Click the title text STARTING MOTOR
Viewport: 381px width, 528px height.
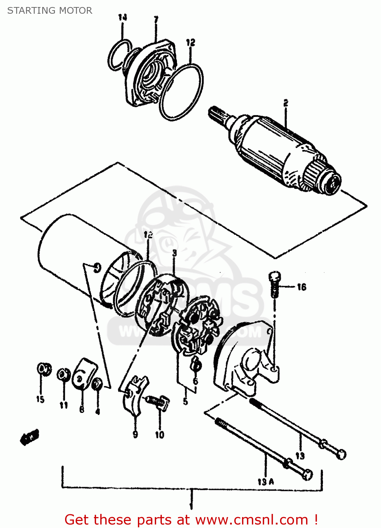50,11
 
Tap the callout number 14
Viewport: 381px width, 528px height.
122,17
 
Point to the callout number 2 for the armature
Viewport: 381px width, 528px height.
286,103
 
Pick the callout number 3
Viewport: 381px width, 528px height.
174,253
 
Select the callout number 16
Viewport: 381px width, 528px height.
301,287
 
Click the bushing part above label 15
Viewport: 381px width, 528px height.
44,369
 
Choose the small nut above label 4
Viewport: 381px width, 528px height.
97,384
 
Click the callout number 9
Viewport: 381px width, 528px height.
135,434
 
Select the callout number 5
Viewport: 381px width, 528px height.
185,401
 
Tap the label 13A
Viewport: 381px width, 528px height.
266,482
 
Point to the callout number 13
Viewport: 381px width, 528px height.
300,456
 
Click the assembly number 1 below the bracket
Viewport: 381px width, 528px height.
191,506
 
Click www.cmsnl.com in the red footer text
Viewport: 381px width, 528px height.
252,520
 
